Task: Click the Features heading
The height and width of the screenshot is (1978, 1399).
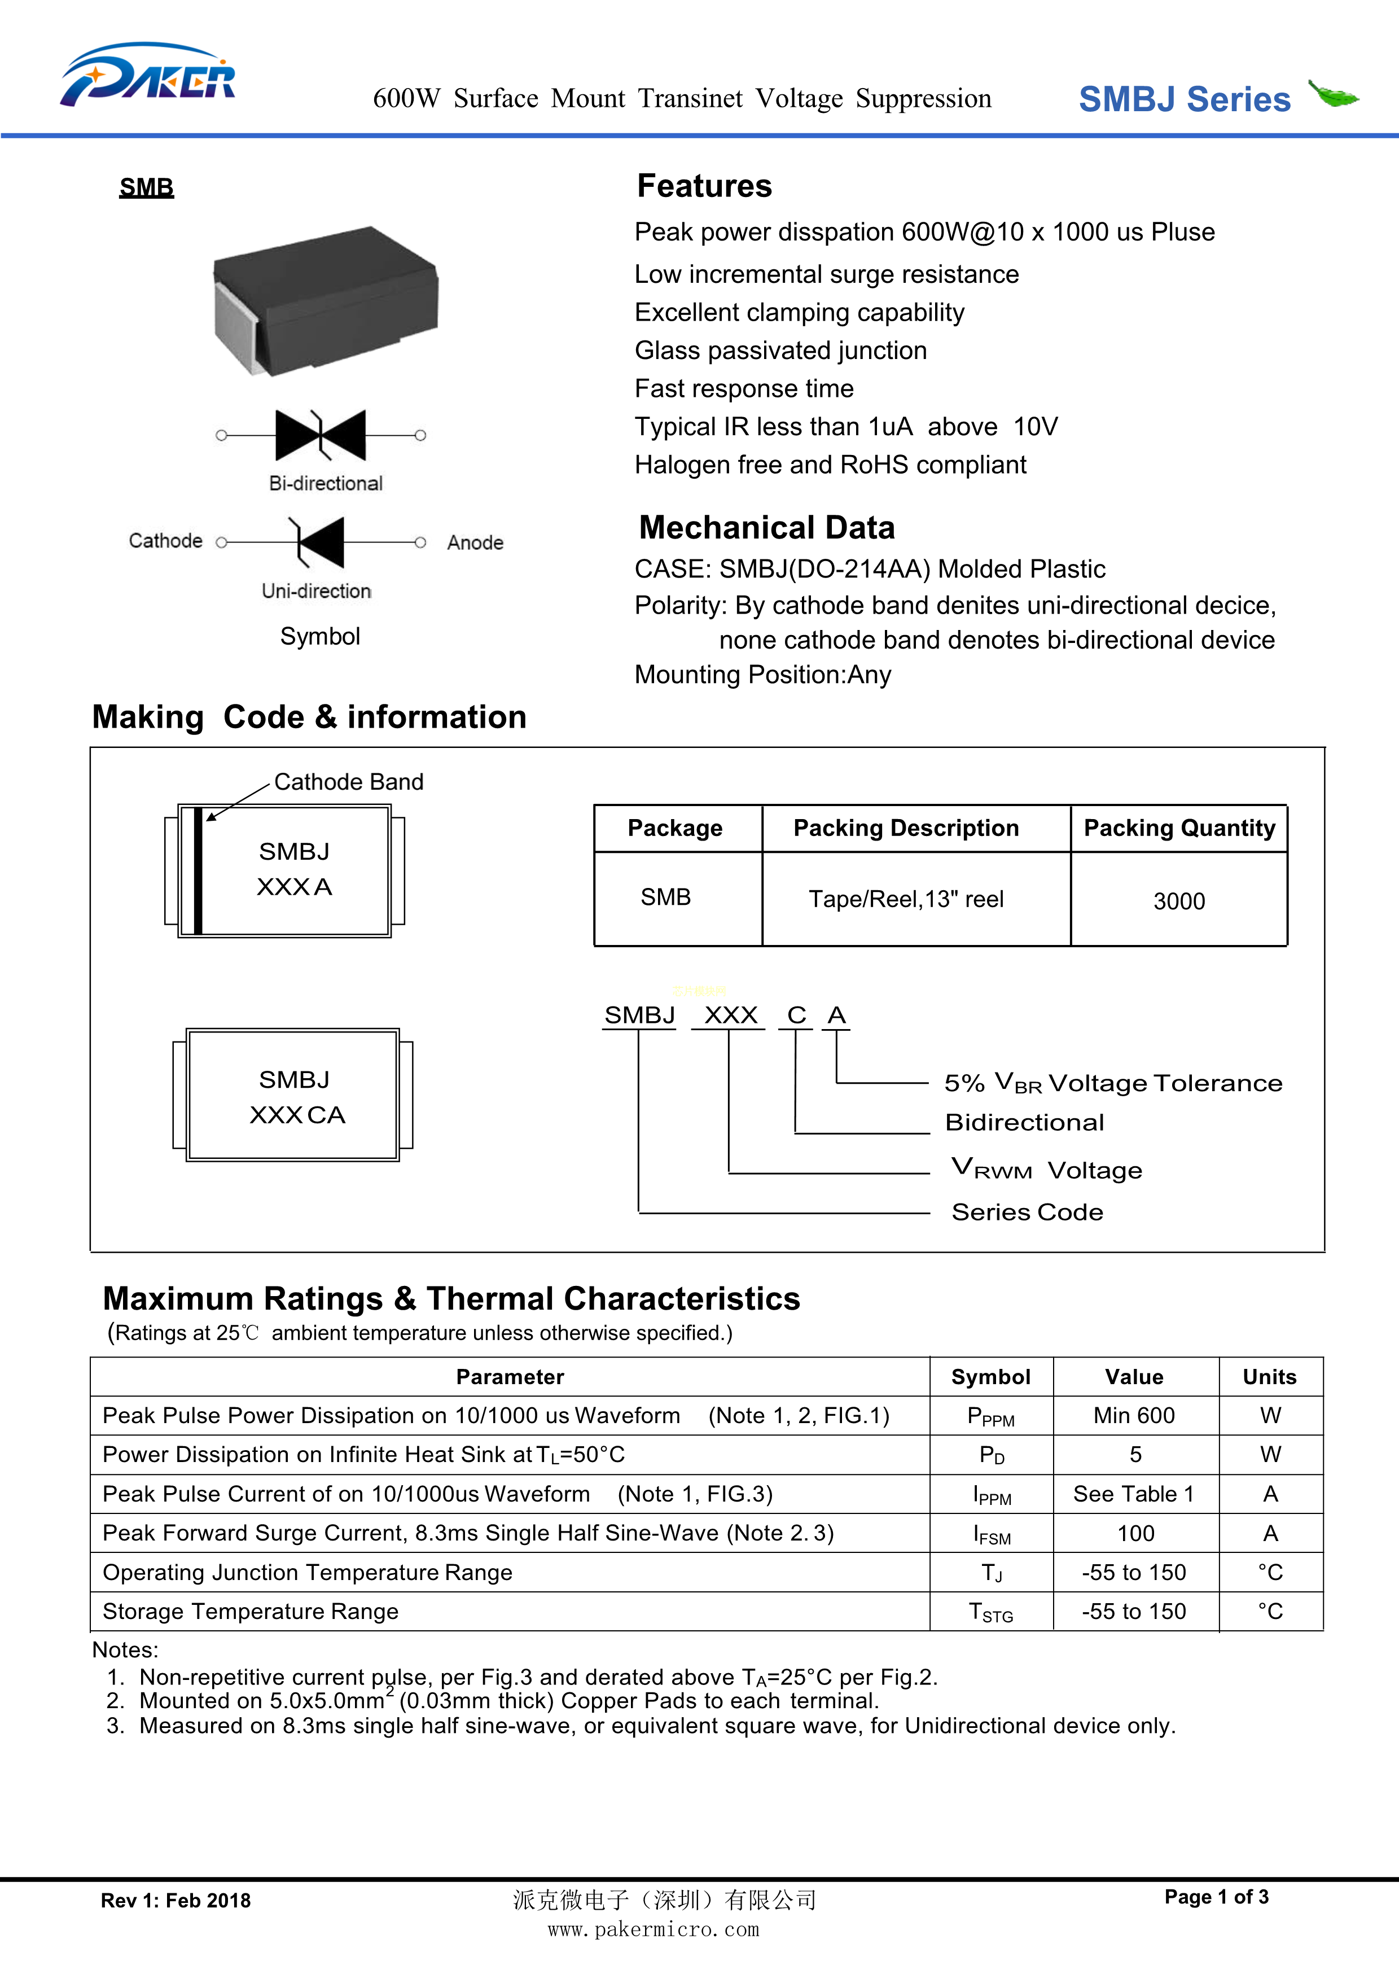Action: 704,186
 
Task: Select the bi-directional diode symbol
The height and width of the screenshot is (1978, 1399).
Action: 321,435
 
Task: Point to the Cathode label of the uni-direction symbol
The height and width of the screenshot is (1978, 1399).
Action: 165,541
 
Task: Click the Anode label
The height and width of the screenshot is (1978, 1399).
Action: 475,542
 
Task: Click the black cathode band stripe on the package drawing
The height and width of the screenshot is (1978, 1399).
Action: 198,871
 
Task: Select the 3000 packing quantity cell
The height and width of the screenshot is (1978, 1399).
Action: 1178,901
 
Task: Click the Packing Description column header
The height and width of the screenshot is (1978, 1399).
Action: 905,828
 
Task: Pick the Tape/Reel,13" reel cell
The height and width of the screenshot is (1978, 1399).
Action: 905,899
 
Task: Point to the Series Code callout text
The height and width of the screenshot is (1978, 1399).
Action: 1027,1212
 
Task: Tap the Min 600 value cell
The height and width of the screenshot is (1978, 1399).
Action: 1134,1415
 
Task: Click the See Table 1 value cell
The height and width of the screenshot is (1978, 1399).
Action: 1134,1494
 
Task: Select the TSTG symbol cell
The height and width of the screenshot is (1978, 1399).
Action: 990,1612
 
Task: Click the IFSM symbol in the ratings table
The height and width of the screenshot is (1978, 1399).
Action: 990,1534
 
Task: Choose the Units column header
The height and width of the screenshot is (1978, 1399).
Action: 1269,1377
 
